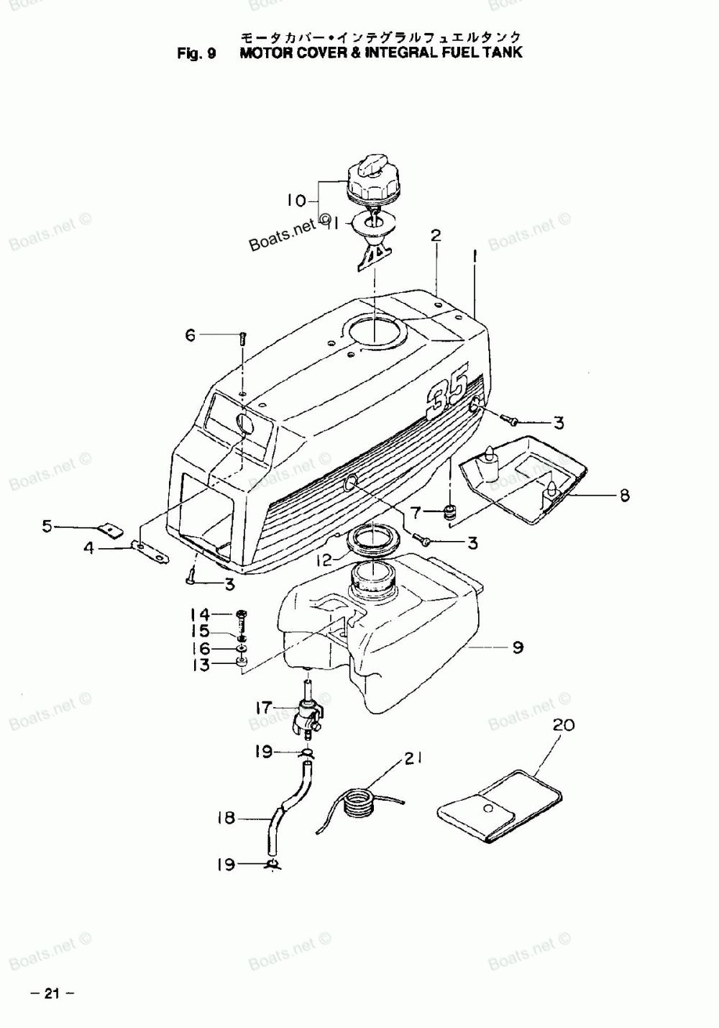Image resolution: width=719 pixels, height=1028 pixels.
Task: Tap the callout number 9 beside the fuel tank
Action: tap(518, 647)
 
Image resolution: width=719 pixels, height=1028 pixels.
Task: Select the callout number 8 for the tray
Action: tap(624, 495)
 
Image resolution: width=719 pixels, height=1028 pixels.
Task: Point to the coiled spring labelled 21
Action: tap(359, 801)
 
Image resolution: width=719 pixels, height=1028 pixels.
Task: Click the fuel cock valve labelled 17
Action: tap(308, 719)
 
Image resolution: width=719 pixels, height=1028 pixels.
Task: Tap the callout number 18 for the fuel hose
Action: tap(226, 818)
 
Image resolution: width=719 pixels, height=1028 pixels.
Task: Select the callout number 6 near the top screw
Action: tap(191, 335)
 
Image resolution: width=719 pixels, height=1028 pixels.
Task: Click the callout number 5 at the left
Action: tap(47, 527)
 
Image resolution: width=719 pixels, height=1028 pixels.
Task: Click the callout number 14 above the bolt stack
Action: tap(200, 614)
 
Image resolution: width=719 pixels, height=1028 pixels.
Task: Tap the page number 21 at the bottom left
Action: tap(51, 994)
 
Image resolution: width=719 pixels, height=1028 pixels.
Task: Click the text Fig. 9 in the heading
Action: tap(197, 53)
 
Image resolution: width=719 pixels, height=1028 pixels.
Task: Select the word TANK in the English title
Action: tap(503, 53)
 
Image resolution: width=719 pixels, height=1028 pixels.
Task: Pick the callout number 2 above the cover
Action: tap(436, 235)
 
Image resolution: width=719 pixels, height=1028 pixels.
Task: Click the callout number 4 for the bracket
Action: tap(88, 548)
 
